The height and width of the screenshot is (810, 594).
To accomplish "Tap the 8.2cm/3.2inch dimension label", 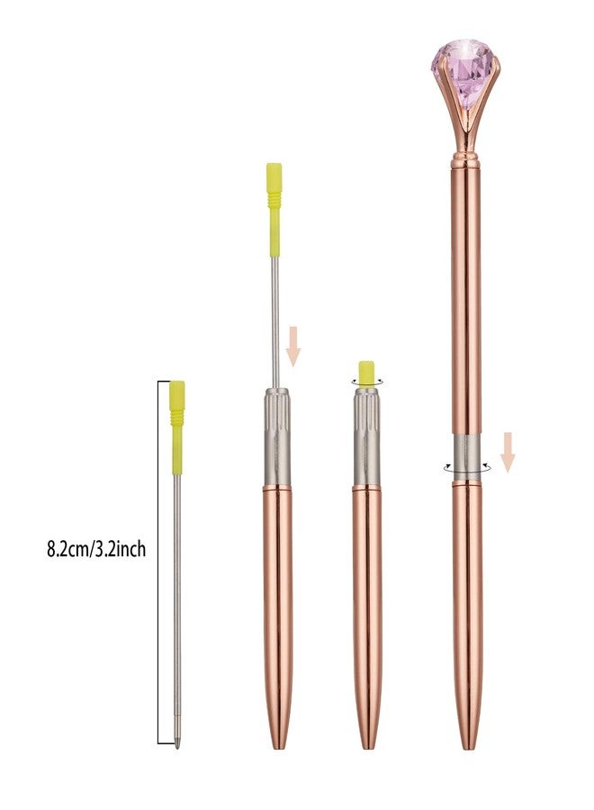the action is [x=96, y=549].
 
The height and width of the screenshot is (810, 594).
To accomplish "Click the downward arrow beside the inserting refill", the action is [x=293, y=346].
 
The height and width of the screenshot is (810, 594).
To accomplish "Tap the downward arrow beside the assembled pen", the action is [x=508, y=452].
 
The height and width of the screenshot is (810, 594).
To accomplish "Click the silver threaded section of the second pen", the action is [x=277, y=436].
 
